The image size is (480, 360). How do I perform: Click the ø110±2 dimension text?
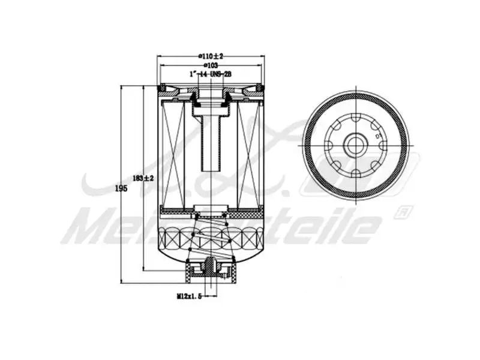[x=211, y=56]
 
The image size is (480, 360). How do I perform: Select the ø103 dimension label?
[x=211, y=64]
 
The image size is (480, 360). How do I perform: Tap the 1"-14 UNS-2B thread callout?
[x=211, y=73]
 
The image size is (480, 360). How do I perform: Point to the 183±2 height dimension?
[x=143, y=178]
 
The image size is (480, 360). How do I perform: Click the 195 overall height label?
[x=121, y=188]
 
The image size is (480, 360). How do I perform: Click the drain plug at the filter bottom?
[x=211, y=267]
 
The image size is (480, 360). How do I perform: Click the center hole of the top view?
[x=355, y=145]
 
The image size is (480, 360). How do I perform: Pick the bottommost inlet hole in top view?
[x=355, y=174]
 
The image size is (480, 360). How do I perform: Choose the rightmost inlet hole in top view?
[x=382, y=145]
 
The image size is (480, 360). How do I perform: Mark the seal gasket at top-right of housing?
[x=259, y=89]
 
